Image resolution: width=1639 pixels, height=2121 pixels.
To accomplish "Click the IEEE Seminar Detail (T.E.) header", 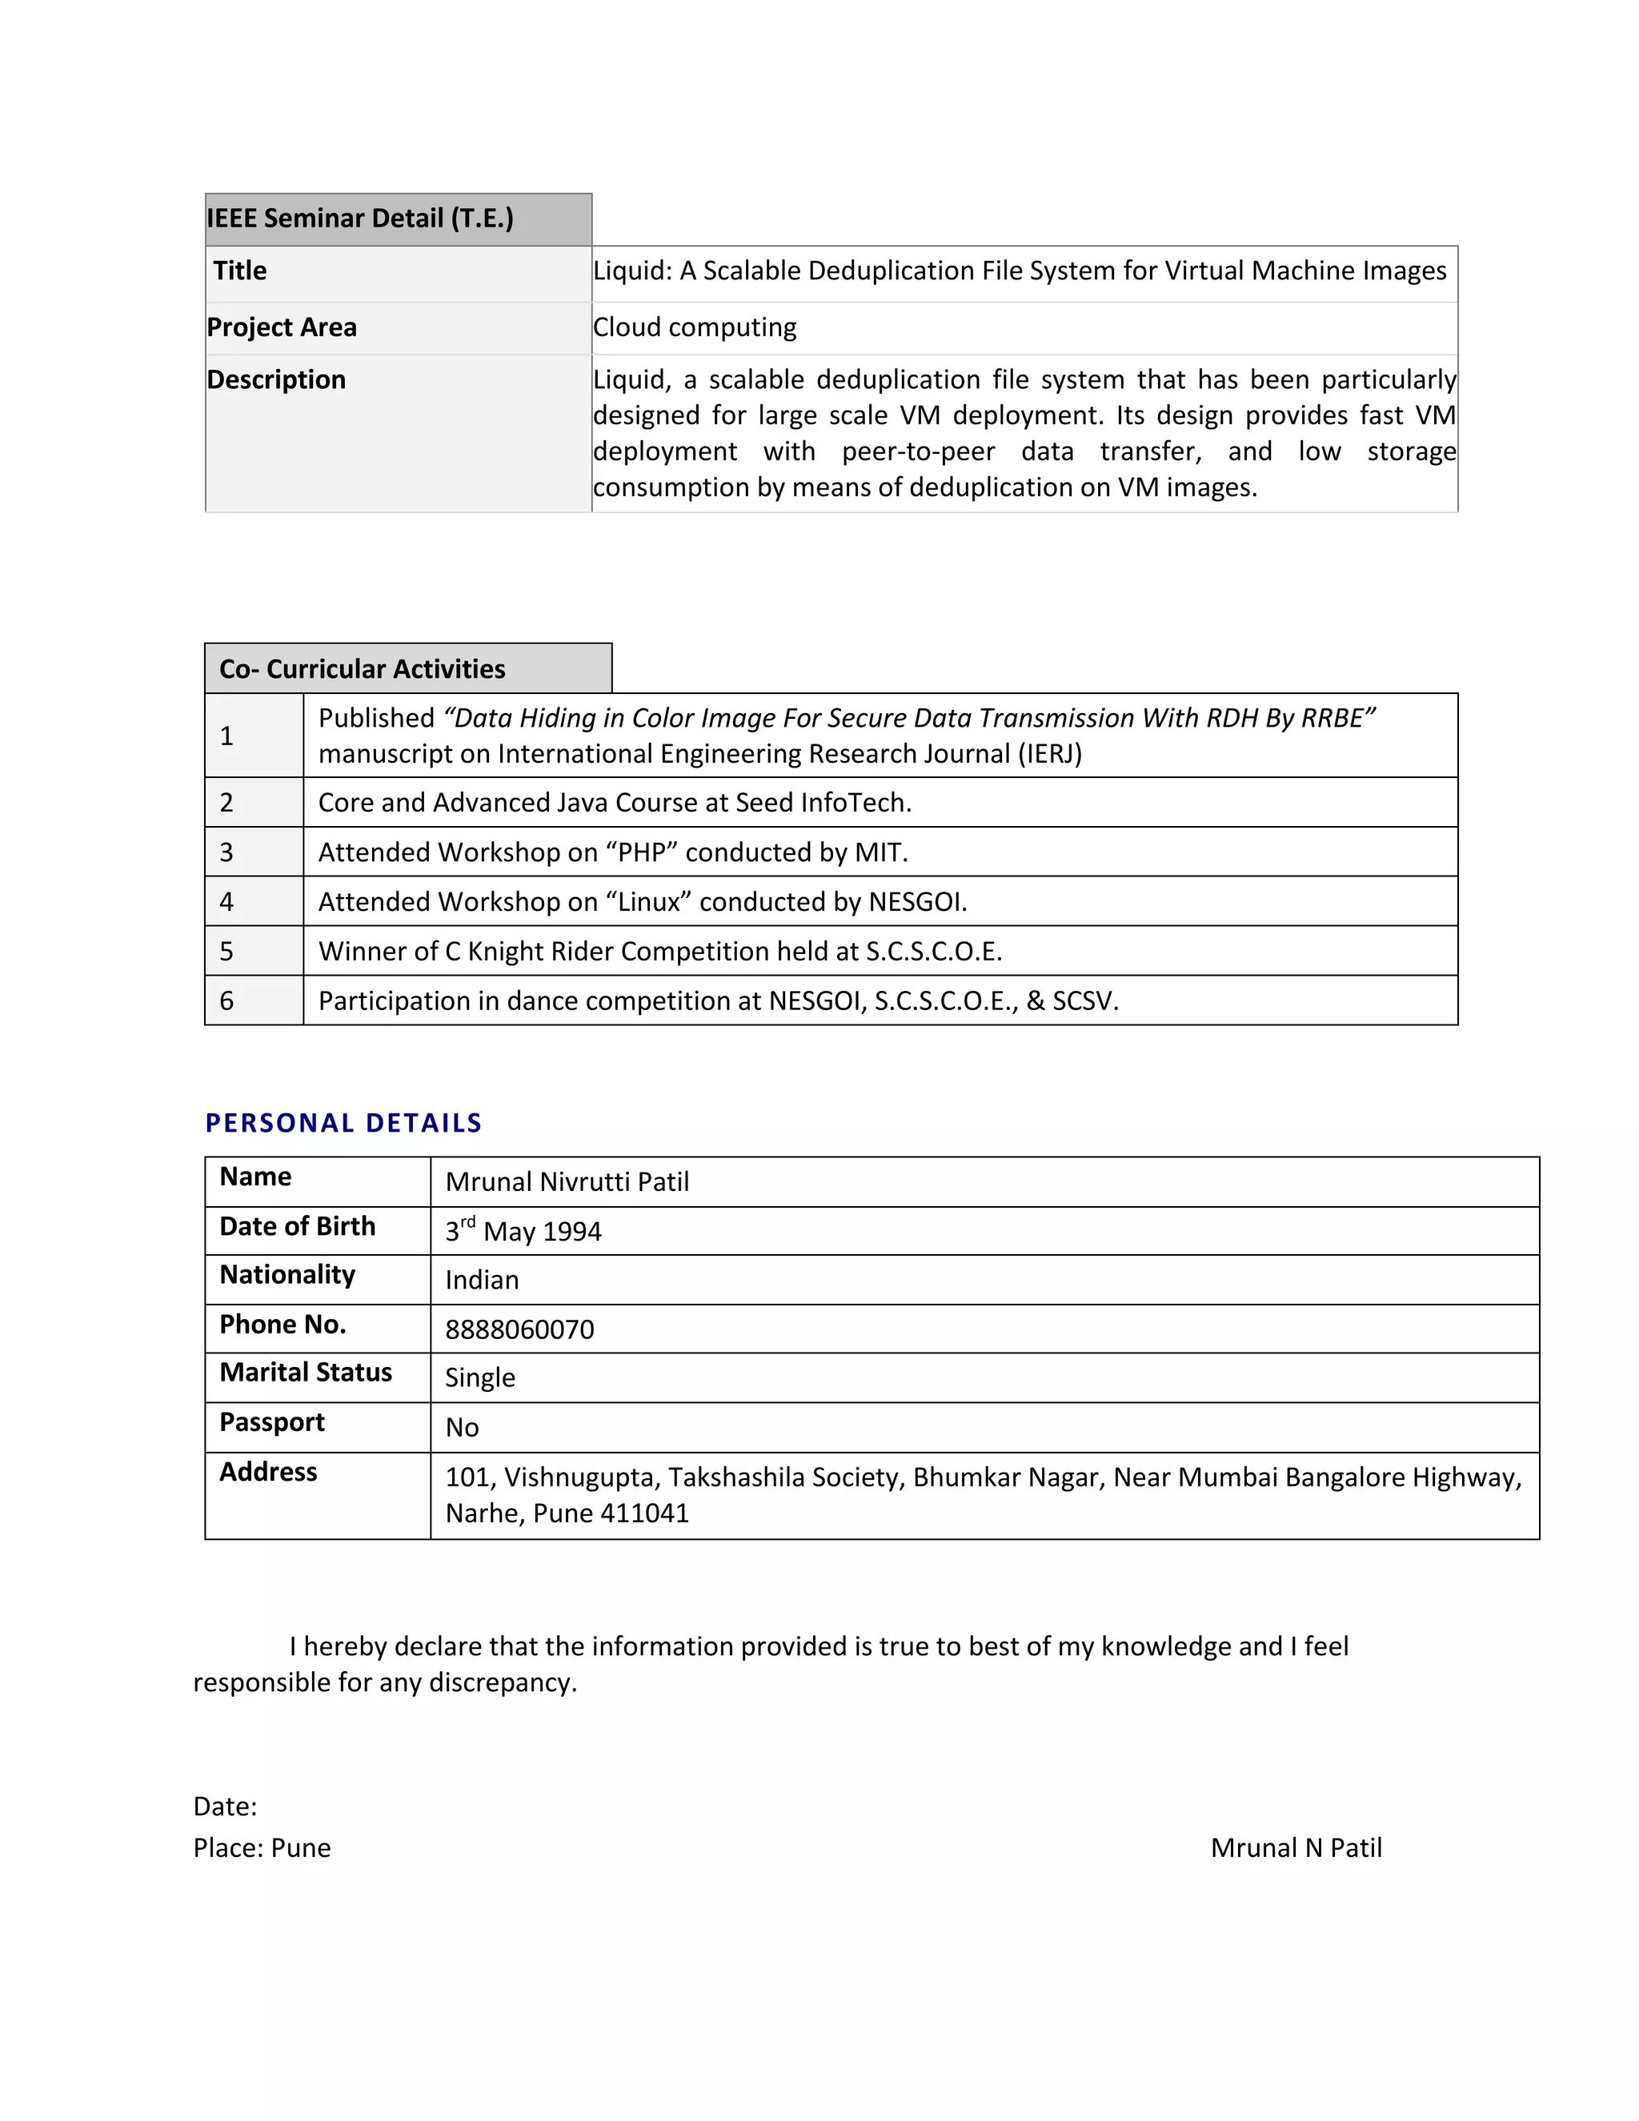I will click(360, 219).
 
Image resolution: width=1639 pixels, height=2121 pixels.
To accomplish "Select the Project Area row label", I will click(282, 327).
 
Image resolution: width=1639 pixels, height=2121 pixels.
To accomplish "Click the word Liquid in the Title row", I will click(631, 271).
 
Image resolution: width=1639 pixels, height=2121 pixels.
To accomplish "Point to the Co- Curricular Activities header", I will click(363, 669).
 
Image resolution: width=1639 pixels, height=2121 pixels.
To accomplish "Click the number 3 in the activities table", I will click(226, 852).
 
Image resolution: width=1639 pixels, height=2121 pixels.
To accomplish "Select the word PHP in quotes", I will click(641, 852).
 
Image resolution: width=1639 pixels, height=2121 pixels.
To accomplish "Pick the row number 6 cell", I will click(226, 1001).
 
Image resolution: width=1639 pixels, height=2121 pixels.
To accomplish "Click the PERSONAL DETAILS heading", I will click(343, 1124).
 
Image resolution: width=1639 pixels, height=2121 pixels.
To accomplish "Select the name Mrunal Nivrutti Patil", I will click(567, 1182).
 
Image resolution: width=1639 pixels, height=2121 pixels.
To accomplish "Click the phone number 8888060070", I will click(519, 1329).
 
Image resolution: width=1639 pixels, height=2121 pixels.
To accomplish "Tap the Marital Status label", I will click(306, 1372).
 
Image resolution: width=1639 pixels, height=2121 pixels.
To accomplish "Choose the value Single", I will click(479, 1378).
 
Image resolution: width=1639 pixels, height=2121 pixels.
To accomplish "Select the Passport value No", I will click(463, 1428).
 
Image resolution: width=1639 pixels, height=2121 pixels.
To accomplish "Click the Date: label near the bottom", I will click(225, 1806).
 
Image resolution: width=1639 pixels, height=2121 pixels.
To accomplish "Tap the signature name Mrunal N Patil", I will click(1296, 1848).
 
